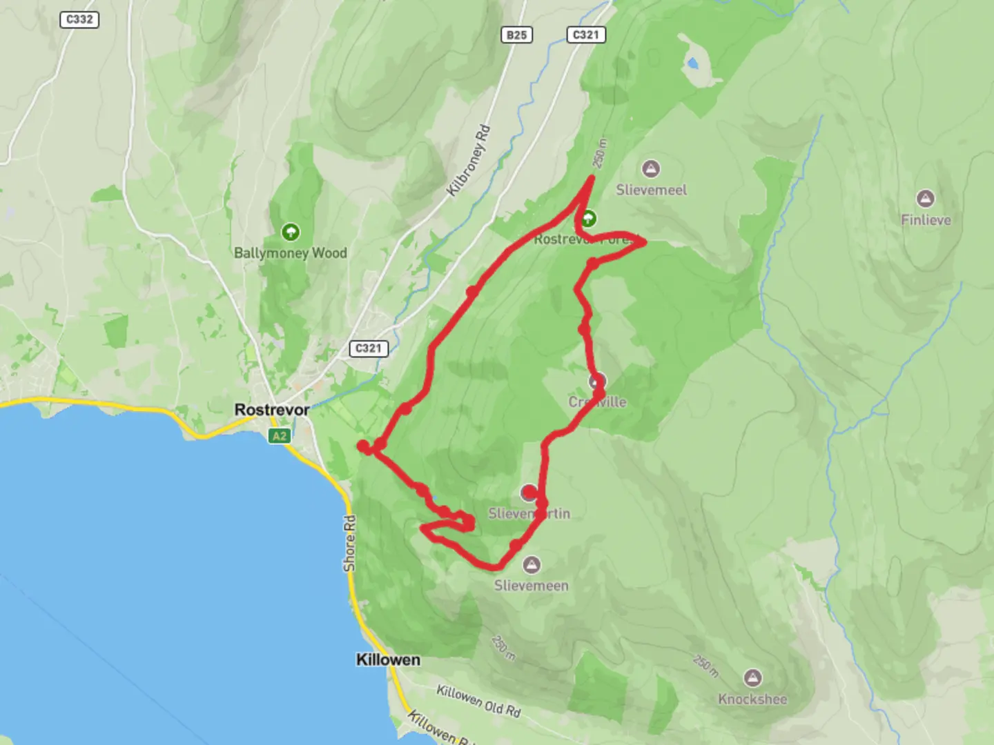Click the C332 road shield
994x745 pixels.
tap(79, 19)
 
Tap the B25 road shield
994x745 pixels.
tap(516, 34)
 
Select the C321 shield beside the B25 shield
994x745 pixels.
tap(586, 34)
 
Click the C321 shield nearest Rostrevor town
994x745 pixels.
tap(368, 348)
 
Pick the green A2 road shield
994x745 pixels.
tap(279, 436)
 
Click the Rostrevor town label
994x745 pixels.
tap(272, 410)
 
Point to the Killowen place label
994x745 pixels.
tap(388, 659)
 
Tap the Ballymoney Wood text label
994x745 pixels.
tap(290, 252)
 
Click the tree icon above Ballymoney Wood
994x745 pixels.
tap(291, 231)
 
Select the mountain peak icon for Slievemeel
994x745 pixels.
tap(650, 168)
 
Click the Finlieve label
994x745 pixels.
tap(926, 220)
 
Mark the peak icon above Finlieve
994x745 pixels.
tap(925, 199)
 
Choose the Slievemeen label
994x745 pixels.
tap(531, 586)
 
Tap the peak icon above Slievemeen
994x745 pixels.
tap(531, 565)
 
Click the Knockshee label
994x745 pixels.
tap(752, 699)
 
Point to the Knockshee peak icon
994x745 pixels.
tap(752, 677)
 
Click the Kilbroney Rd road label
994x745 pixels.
tap(469, 160)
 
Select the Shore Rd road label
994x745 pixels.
tap(350, 543)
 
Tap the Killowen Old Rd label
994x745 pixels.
tap(478, 700)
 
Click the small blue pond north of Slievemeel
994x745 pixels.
tap(692, 65)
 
